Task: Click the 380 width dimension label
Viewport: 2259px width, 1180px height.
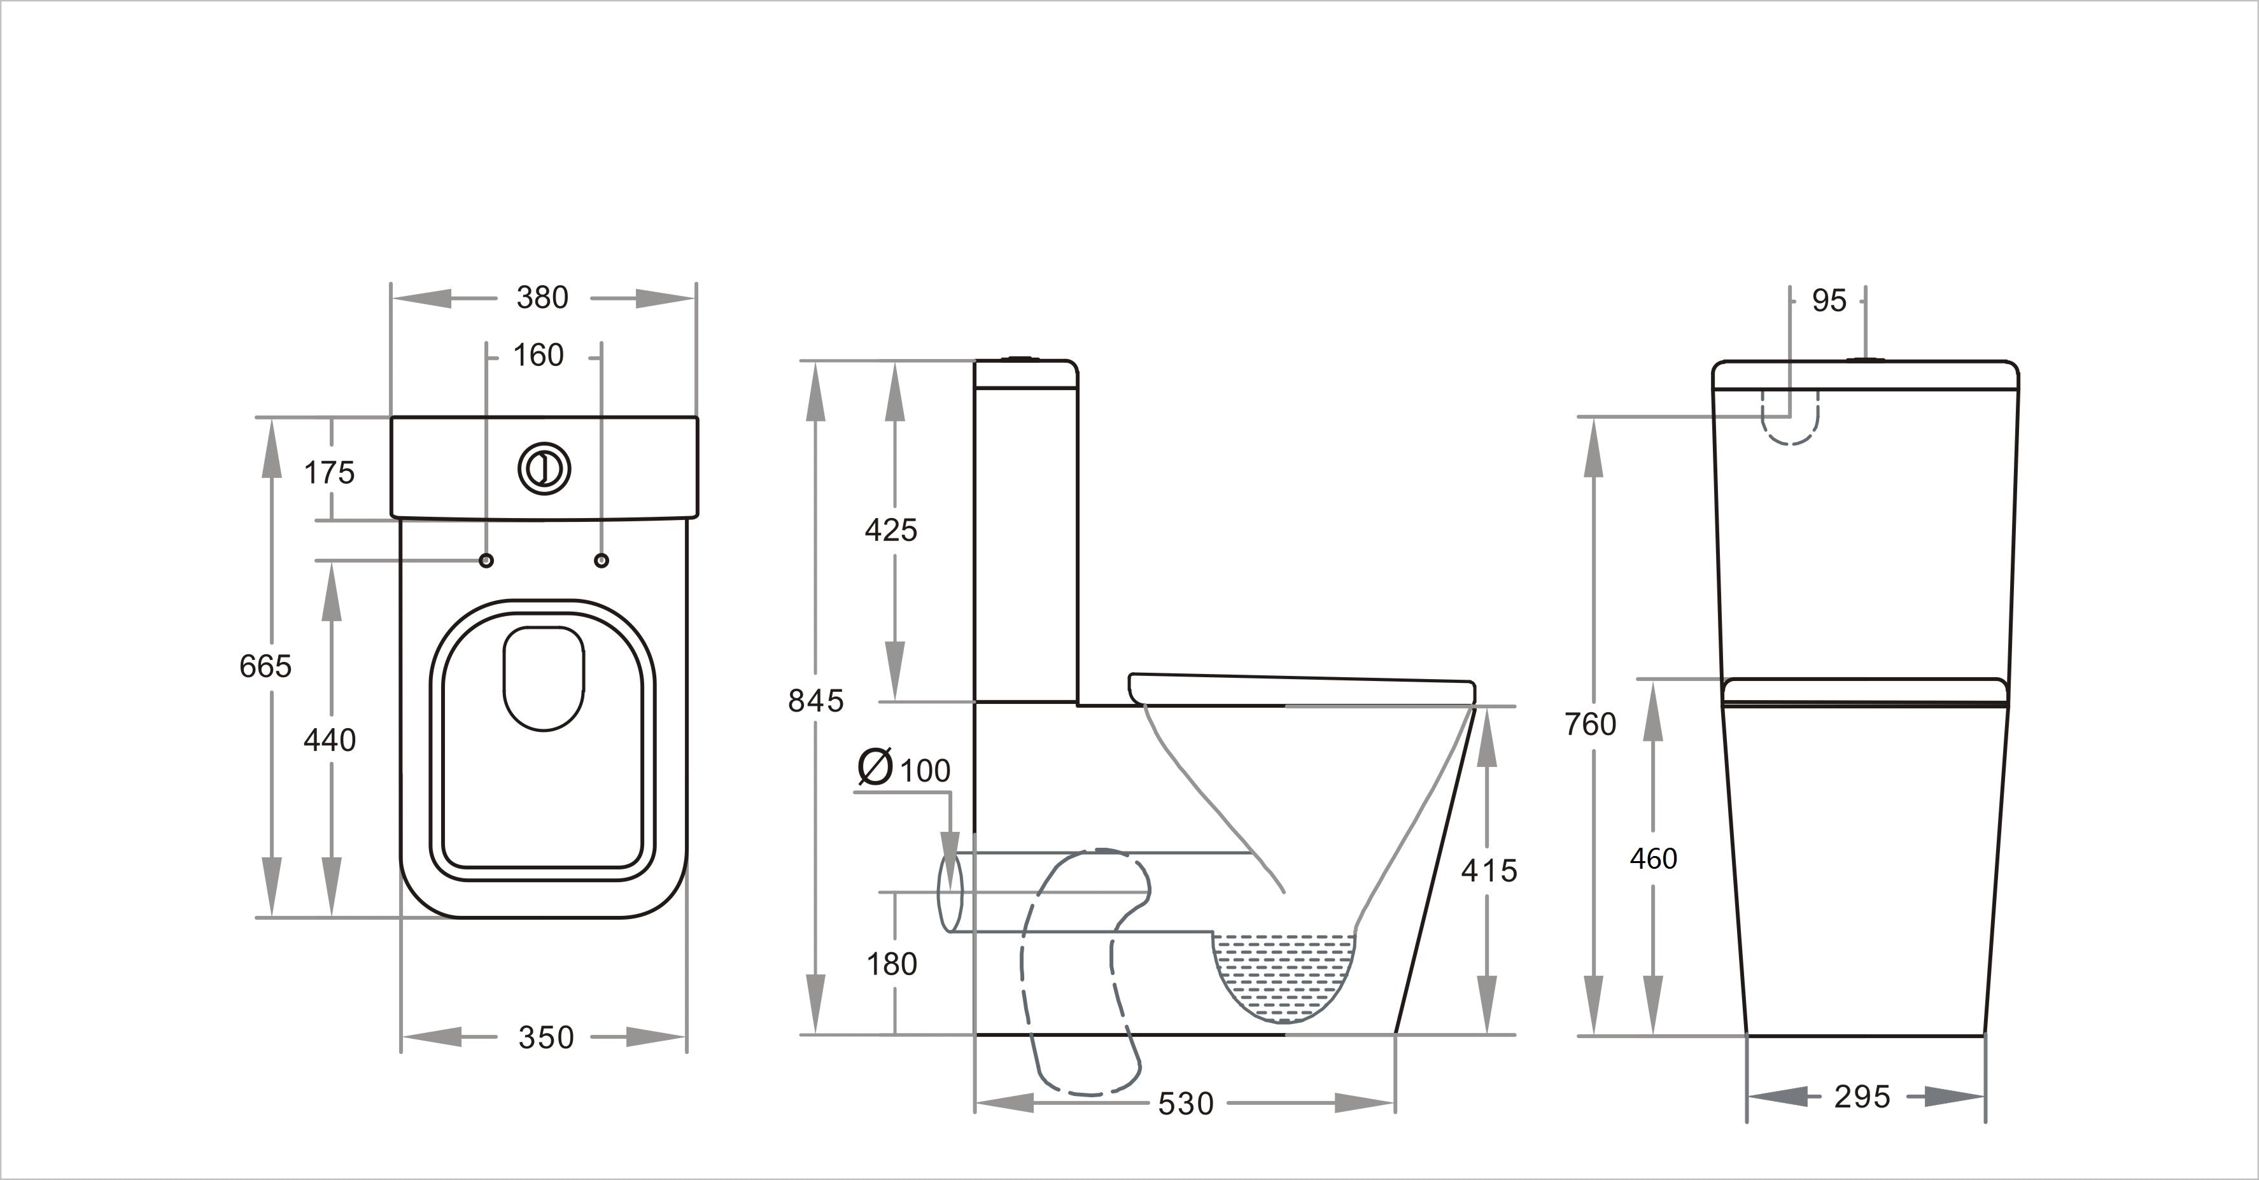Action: click(542, 298)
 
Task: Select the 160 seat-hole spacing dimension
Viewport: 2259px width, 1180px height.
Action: click(538, 356)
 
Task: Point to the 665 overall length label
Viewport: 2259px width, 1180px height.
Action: click(265, 666)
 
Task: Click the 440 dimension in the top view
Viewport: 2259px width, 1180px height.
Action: click(330, 741)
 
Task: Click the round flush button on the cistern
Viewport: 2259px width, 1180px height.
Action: click(545, 469)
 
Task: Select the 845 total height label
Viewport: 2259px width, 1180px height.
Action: click(815, 701)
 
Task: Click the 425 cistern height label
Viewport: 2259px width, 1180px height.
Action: click(891, 530)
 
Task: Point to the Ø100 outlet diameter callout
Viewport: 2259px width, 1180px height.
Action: click(904, 769)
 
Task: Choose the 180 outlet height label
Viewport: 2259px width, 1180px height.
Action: click(892, 964)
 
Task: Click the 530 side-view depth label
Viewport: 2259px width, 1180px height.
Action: click(1186, 1104)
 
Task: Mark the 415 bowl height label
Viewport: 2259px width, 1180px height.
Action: click(1489, 871)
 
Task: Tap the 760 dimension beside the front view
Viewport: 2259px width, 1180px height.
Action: click(1590, 724)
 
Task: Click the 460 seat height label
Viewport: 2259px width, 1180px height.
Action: click(1653, 858)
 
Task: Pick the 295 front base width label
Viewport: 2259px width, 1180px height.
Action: click(1862, 1097)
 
